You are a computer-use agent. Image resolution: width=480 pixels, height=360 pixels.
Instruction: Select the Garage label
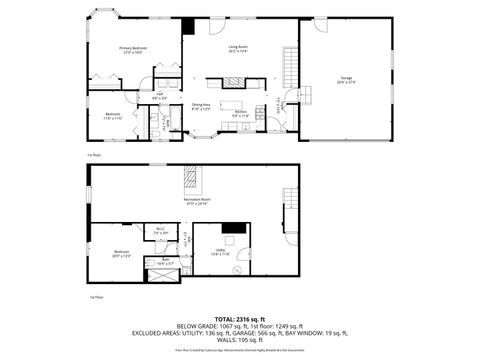click(346, 79)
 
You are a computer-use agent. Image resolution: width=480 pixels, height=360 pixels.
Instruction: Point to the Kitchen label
click(241, 114)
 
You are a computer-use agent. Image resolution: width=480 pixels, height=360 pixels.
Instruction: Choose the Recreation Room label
click(196, 201)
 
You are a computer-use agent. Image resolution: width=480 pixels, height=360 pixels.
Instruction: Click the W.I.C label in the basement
click(160, 231)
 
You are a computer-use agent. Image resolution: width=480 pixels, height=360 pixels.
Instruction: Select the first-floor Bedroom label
click(113, 116)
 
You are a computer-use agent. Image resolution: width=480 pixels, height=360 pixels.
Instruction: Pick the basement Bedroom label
click(121, 252)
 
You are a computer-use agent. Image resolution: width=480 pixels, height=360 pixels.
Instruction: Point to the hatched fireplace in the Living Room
click(240, 83)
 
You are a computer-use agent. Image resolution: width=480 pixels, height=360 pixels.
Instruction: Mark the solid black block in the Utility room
click(234, 227)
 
